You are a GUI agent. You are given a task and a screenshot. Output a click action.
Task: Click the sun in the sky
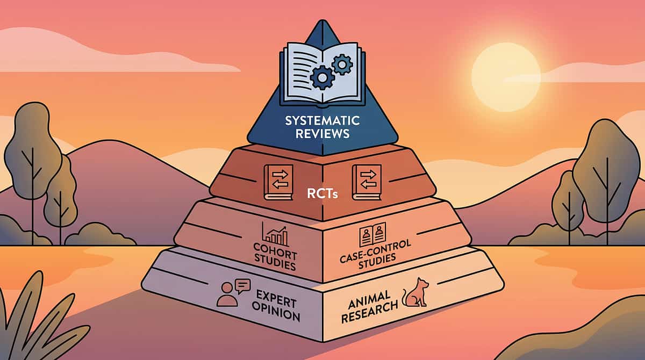[506, 77]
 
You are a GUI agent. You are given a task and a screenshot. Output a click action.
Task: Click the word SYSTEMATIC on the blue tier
[322, 120]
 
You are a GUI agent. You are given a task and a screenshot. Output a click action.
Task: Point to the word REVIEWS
[322, 133]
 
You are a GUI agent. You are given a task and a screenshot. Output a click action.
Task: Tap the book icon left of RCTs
[278, 181]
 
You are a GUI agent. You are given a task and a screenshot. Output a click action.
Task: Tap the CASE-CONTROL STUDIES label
[375, 253]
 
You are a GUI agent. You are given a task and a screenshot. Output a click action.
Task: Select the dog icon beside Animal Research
[414, 293]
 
